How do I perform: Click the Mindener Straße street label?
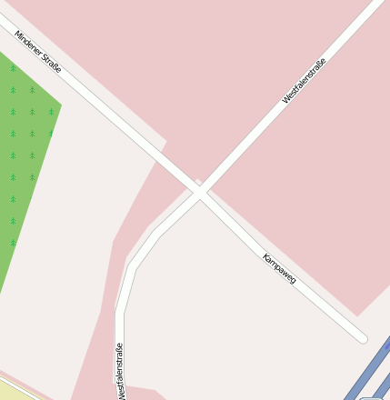(38, 52)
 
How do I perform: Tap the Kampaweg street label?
(279, 268)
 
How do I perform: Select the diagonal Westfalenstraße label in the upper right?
(304, 80)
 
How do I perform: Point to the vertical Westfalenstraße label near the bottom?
(119, 372)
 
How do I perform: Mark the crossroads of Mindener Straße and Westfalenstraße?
(200, 192)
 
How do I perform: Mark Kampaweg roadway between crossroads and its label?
(232, 222)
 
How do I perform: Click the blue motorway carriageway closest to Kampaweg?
(364, 373)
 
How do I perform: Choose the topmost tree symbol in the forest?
(12, 68)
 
